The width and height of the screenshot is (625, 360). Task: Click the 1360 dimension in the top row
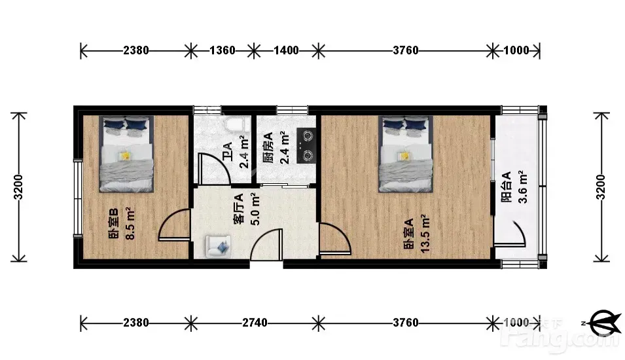pos(223,50)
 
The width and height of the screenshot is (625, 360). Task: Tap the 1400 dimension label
pos(286,50)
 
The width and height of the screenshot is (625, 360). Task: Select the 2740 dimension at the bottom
pos(255,323)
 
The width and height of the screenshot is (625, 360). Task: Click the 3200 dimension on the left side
pos(18,187)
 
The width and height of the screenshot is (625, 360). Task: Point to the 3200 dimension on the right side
pos(601,187)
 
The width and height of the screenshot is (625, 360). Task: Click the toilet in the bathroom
pos(237,124)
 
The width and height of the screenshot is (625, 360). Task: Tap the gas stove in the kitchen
pos(306,146)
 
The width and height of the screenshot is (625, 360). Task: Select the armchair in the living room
pos(218,246)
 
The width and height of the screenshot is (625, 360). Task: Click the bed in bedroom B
pos(126,154)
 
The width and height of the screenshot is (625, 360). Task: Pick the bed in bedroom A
pos(406,154)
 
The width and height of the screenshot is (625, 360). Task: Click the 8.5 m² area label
pos(130,223)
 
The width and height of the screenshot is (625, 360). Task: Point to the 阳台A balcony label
pos(507,187)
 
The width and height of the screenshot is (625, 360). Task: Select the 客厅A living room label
pos(238,209)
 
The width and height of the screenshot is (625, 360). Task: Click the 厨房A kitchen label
pos(268,147)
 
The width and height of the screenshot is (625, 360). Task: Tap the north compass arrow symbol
pos(605,323)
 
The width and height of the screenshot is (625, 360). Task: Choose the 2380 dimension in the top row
pos(136,50)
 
